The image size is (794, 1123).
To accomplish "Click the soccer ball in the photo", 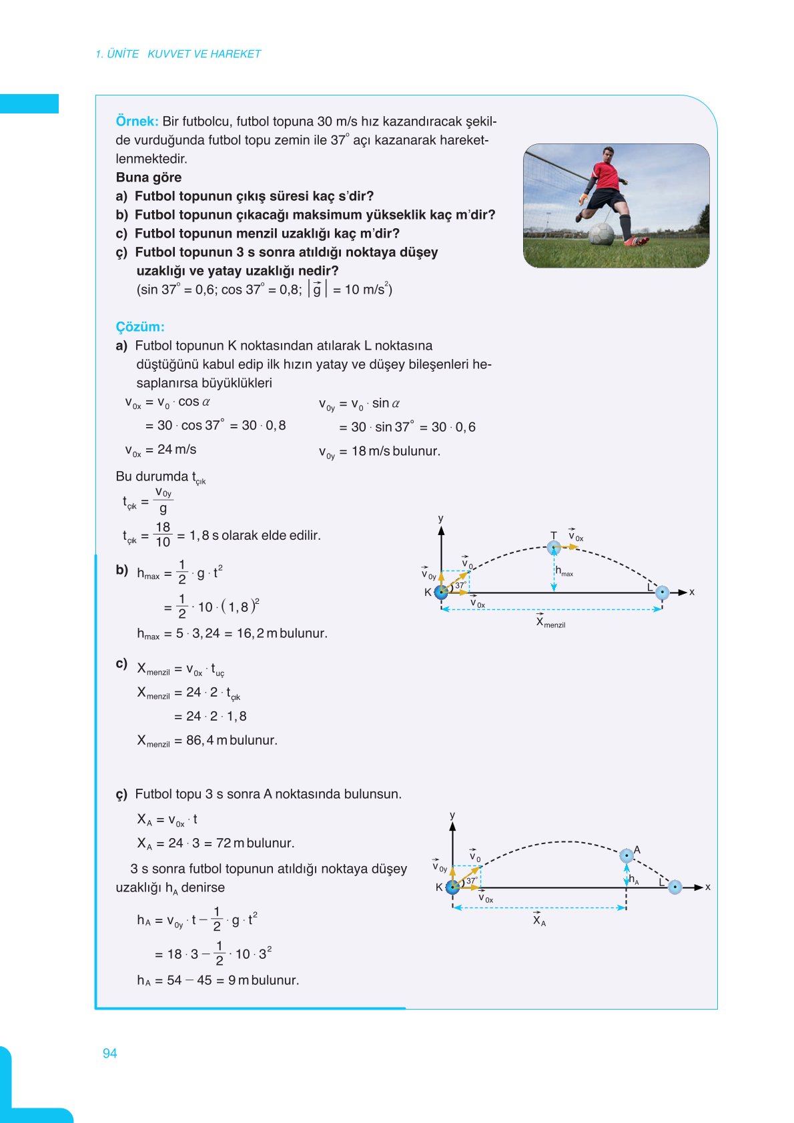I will point(601,234).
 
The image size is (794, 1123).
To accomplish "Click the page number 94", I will point(109,1053).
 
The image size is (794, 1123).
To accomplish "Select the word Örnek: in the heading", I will point(137,121).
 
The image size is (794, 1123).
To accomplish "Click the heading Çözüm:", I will point(140,327).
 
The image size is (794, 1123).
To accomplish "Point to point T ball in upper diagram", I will point(554,547).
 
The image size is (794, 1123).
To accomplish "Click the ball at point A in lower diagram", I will point(626,855).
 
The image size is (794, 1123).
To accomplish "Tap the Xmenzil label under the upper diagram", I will point(550,623).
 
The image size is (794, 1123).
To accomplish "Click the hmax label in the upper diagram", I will point(564,572).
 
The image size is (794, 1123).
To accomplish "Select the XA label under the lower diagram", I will point(539,921).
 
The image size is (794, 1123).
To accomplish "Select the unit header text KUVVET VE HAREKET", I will point(204,54).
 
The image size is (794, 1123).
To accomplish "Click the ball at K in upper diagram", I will point(441,592).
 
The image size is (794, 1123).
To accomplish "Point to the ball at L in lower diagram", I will point(675,887).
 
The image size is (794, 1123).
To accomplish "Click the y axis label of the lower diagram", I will point(452,815).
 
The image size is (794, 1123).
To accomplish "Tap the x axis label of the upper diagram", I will point(692,592).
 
